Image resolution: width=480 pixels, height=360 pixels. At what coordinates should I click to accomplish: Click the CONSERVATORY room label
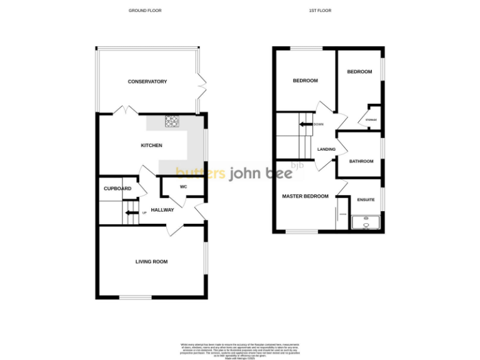[x=147, y=82]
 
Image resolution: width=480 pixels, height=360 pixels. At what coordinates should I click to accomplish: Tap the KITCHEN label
[x=151, y=146]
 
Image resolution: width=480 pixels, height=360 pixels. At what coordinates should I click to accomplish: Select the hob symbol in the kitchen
[x=171, y=122]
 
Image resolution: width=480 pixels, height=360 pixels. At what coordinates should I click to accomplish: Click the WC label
[x=183, y=187]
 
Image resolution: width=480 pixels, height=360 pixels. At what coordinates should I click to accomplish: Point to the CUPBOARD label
[x=117, y=189]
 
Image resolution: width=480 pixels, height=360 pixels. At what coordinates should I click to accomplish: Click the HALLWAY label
[x=162, y=210]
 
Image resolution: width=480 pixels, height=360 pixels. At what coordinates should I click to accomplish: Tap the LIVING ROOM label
[x=151, y=262]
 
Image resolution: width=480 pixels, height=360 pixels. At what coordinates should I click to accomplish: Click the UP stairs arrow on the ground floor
[x=131, y=213]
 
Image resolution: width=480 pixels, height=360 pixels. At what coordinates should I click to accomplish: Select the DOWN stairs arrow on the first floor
[x=306, y=124]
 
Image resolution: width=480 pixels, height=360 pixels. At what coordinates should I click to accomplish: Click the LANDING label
[x=326, y=149]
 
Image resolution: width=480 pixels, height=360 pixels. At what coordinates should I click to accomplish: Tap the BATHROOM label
[x=361, y=161]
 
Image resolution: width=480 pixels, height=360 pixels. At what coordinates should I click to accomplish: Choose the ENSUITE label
[x=366, y=200]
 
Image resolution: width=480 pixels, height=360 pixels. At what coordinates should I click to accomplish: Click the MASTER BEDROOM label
[x=305, y=196]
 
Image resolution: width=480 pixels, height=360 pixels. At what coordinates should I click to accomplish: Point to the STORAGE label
[x=371, y=119]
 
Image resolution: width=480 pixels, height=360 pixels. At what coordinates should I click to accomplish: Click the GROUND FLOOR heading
[x=145, y=11]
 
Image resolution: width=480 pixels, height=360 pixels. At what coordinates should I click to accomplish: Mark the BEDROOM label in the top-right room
[x=359, y=72]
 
